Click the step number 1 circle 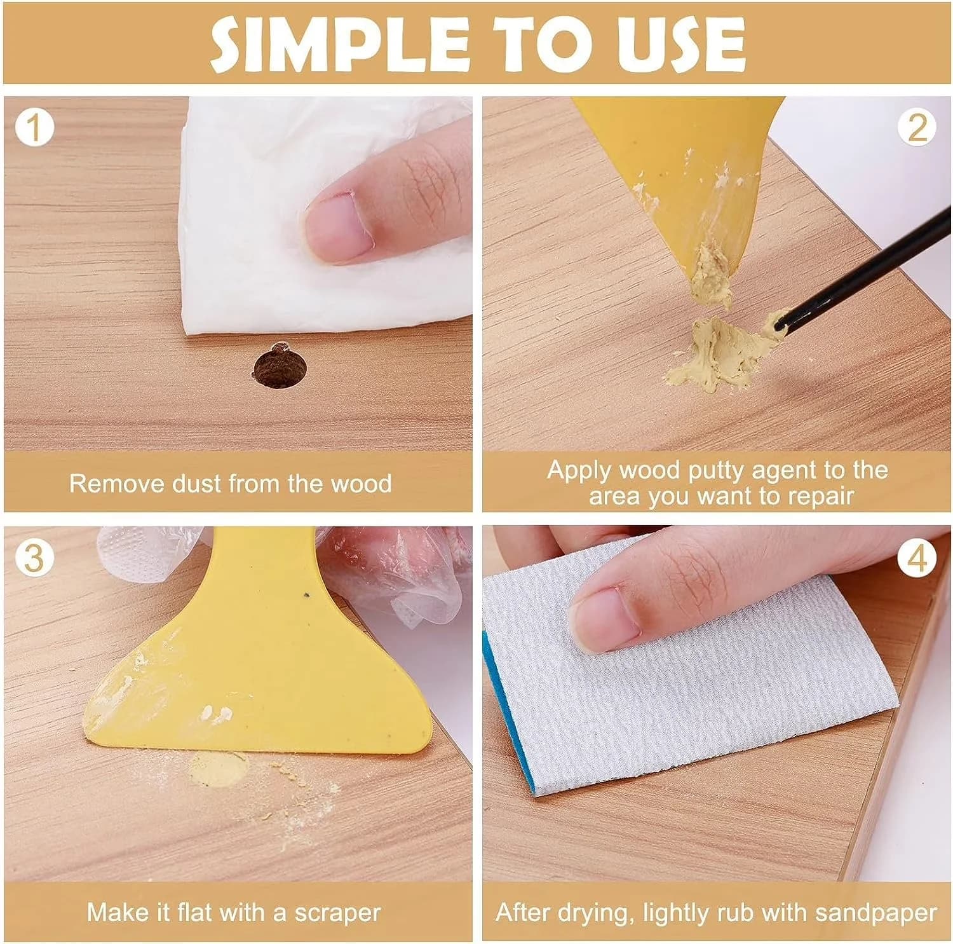[x=35, y=127]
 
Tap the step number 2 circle [x=917, y=127]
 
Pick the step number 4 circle [x=917, y=558]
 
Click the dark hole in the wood [x=280, y=367]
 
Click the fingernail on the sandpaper [x=605, y=620]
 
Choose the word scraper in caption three [x=337, y=913]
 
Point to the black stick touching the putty [x=864, y=267]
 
